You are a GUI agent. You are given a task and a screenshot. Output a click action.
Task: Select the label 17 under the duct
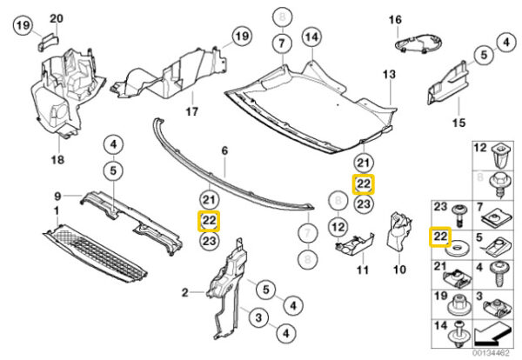192,112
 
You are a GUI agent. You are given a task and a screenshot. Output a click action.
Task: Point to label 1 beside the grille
57,211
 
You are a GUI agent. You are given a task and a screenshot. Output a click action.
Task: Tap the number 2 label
185,293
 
